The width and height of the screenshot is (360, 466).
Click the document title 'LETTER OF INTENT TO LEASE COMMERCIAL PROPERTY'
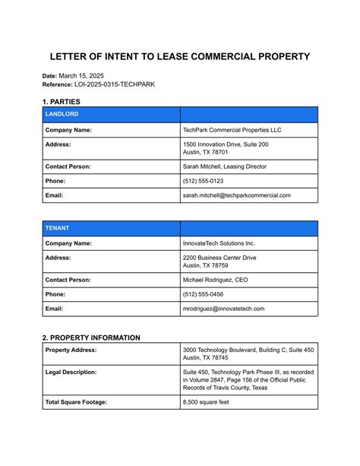click(180, 57)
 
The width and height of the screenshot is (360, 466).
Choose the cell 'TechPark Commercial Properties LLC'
click(232, 130)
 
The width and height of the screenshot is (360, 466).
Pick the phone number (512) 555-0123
click(203, 181)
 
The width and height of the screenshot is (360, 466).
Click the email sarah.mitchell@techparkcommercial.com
click(236, 195)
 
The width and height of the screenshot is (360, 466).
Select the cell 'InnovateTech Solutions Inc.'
click(219, 243)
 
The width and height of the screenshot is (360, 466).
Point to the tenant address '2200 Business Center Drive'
click(219, 258)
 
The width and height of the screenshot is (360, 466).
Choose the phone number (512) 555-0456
click(203, 294)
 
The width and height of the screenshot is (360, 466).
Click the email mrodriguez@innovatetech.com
click(223, 309)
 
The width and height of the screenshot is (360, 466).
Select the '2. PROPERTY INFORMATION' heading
click(91, 338)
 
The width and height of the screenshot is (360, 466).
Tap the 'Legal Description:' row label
click(71, 372)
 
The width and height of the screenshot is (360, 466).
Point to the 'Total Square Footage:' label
click(76, 401)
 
